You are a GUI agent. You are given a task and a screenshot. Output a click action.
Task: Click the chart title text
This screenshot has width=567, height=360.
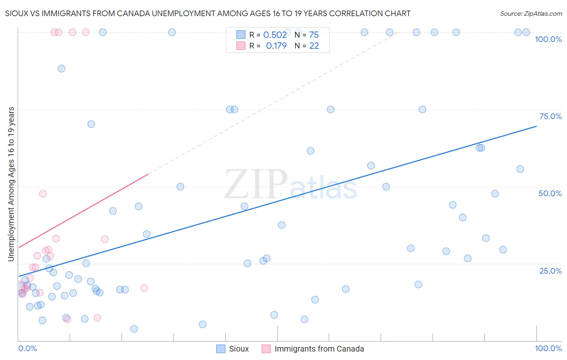tap(208, 13)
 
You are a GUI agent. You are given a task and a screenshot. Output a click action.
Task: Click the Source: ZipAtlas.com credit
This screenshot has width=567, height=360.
tap(531, 13)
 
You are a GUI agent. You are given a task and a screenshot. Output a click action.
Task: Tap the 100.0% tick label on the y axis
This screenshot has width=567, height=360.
tap(548, 39)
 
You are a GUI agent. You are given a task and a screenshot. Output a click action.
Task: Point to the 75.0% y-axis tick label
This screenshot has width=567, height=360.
tap(550, 116)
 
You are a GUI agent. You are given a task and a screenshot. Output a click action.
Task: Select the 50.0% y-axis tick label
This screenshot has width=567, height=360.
tap(550, 193)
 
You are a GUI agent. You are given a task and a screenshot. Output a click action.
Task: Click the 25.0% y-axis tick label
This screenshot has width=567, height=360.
tap(550, 270)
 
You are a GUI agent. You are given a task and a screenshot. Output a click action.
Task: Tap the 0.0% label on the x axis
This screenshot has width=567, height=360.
tap(27, 348)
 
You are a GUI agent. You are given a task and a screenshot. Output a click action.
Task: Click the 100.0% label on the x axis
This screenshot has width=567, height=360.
tap(548, 348)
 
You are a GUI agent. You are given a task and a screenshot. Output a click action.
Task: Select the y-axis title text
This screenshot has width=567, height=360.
tap(11, 184)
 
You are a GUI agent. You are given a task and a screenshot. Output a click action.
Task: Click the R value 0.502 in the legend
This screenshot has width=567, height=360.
tap(275, 35)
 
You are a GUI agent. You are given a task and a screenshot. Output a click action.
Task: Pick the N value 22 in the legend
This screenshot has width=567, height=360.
tap(314, 46)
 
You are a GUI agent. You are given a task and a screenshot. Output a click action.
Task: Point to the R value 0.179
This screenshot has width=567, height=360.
tap(276, 46)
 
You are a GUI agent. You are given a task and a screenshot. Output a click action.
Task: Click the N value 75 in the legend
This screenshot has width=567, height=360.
tap(314, 35)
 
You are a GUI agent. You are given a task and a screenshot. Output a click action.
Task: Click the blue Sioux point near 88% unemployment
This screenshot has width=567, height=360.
tap(61, 69)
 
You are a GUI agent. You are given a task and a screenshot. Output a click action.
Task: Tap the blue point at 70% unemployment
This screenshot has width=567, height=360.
tap(91, 124)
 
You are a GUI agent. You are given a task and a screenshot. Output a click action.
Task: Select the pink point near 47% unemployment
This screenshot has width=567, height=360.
tap(43, 194)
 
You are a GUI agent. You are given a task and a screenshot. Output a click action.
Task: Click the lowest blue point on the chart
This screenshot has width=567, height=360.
tap(134, 329)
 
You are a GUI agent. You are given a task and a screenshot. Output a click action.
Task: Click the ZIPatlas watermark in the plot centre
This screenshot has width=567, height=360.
tap(290, 184)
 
